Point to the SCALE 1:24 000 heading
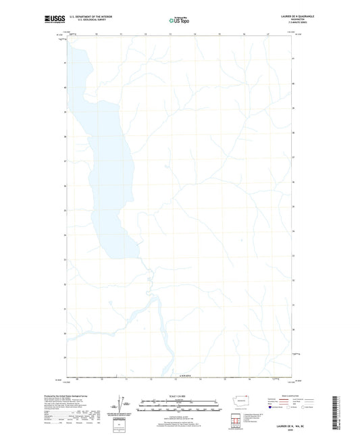(179, 395)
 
